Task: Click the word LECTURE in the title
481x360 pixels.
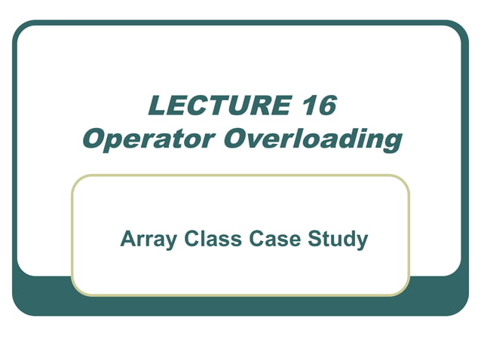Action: (x=214, y=106)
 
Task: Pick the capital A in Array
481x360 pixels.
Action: (x=127, y=239)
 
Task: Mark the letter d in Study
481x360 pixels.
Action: (x=343, y=239)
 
